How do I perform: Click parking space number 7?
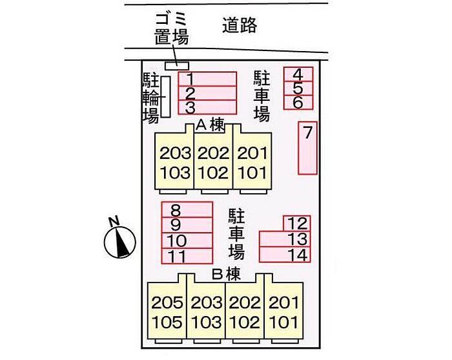click(x=308, y=148)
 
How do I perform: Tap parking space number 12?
click(x=297, y=224)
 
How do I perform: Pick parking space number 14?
click(x=285, y=255)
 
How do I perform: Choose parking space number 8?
click(x=187, y=209)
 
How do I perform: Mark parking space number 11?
click(x=187, y=256)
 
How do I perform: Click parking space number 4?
click(x=298, y=74)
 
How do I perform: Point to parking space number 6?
click(x=298, y=102)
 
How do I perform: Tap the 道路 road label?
click(x=240, y=26)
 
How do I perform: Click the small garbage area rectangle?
click(x=177, y=65)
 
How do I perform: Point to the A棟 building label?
click(x=211, y=125)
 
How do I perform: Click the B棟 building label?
click(x=226, y=274)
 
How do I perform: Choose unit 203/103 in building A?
click(x=175, y=162)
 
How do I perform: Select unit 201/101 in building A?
click(x=251, y=162)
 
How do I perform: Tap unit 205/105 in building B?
click(x=167, y=312)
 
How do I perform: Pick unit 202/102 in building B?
click(x=245, y=312)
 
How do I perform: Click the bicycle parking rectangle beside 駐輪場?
click(x=165, y=97)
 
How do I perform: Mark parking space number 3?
click(x=207, y=107)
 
